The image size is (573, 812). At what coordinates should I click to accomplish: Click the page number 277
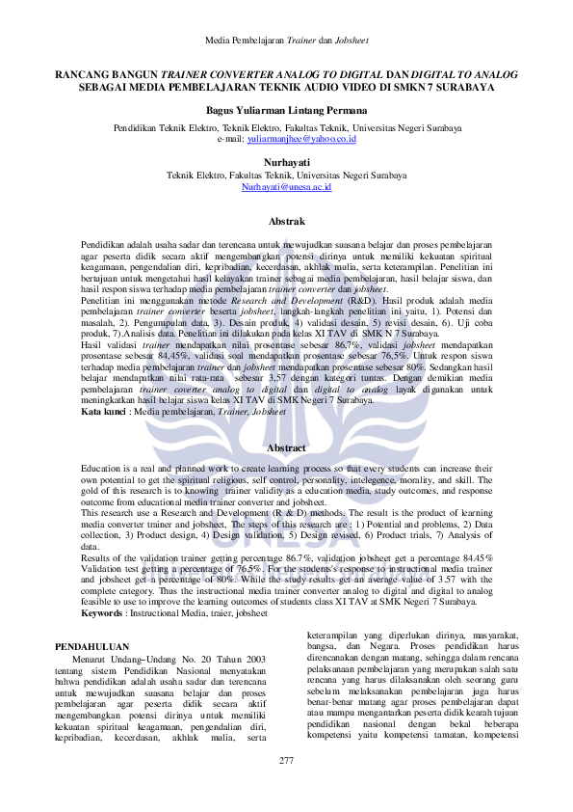coord(286,762)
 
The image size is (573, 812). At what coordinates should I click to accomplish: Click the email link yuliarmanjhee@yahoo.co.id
coord(301,139)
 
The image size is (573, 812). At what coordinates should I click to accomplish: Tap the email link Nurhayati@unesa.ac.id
coord(286,186)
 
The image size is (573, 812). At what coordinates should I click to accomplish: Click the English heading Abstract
coord(286,448)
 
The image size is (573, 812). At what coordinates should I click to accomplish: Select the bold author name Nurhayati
coord(286,164)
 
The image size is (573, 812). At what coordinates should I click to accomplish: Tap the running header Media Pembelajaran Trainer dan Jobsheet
coord(286,41)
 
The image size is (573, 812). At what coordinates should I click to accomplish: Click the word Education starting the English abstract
coord(101,468)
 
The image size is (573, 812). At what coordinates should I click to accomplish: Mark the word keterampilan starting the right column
coord(332,636)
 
